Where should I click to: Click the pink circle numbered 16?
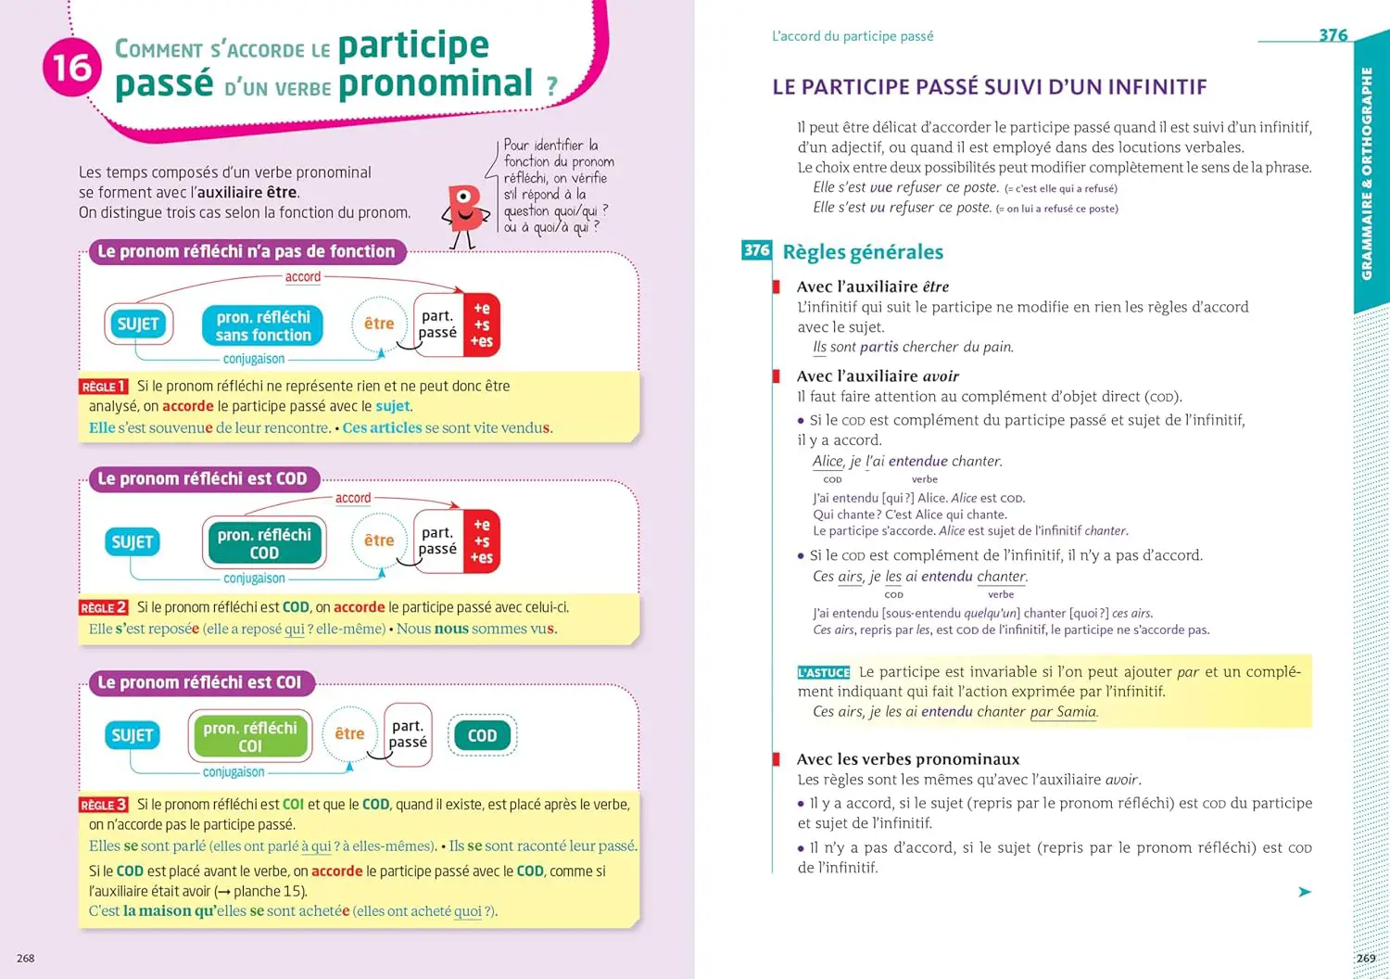point(71,68)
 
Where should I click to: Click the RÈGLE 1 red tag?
point(103,387)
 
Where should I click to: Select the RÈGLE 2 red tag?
point(103,607)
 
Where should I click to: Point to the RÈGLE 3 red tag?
point(103,805)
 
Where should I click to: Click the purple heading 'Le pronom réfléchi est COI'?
point(201,683)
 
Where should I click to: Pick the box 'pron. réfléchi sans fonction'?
point(263,326)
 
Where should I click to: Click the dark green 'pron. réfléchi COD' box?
point(264,543)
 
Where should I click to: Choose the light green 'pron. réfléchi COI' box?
point(250,736)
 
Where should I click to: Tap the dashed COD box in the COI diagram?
point(482,736)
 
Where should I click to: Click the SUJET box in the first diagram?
point(138,324)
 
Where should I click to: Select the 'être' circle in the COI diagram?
point(349,734)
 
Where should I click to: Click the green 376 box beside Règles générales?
point(756,250)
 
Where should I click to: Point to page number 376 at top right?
point(1333,35)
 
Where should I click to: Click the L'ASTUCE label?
point(823,673)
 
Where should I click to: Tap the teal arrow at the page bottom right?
point(1305,892)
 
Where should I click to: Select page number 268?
point(26,958)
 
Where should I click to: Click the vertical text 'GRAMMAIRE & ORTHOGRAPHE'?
point(1367,173)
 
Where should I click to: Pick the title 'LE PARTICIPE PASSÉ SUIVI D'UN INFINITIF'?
point(989,87)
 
